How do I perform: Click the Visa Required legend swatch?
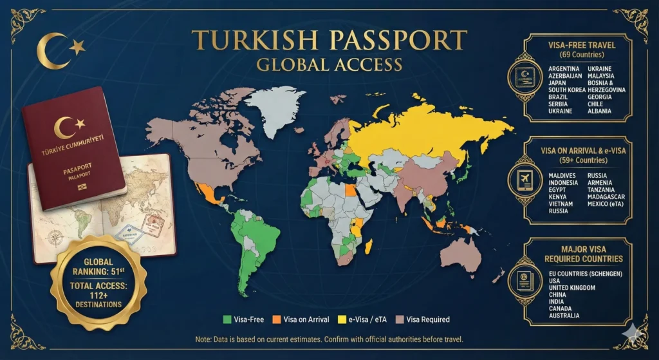(400, 319)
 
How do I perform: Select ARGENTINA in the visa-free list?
(564, 69)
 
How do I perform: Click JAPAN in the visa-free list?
(557, 83)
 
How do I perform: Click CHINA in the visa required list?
(555, 295)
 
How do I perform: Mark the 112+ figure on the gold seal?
(98, 291)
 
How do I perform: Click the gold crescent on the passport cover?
(65, 127)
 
